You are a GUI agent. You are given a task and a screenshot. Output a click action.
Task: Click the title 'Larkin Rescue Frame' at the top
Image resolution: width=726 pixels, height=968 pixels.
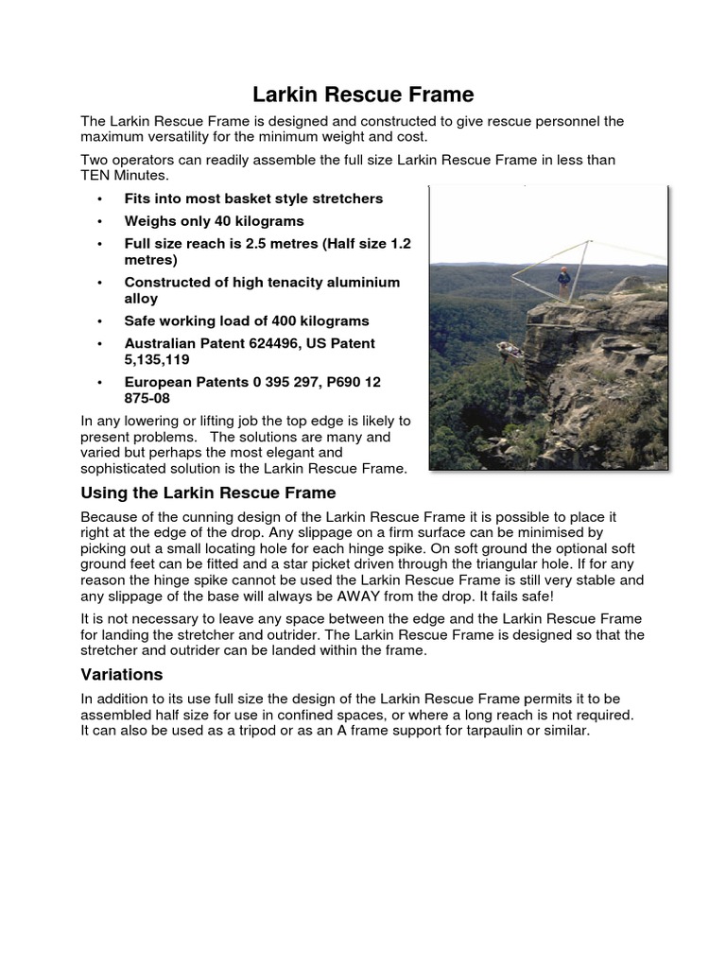click(x=363, y=95)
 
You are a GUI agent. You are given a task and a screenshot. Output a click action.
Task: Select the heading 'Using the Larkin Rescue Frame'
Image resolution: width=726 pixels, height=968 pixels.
click(x=208, y=493)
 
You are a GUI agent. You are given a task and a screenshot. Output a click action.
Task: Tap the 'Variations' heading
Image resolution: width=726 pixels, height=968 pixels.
click(x=122, y=674)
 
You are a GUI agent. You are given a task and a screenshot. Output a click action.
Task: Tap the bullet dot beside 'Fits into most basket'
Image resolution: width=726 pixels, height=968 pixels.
click(x=99, y=199)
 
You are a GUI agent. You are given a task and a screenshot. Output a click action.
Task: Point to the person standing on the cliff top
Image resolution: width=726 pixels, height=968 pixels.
click(x=564, y=283)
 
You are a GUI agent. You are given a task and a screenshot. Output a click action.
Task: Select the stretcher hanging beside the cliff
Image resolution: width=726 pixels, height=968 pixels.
click(x=510, y=351)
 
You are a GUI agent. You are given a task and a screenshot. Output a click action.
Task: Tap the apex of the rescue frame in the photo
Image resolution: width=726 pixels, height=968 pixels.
click(x=589, y=242)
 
